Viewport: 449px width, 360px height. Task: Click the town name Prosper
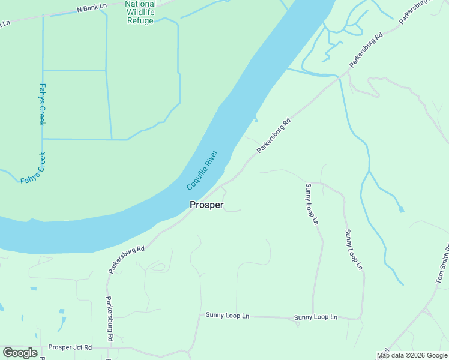pos(206,205)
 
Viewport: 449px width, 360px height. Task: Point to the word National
pos(140,4)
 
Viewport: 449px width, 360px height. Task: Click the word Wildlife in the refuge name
pos(140,12)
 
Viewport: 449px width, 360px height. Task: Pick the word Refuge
pos(140,20)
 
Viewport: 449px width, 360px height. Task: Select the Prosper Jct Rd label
pos(70,347)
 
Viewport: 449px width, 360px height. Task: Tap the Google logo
pos(20,353)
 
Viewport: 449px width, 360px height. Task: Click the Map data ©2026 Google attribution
pos(412,355)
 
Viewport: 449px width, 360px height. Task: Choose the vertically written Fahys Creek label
pos(41,104)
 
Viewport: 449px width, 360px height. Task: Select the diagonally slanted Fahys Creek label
pos(33,169)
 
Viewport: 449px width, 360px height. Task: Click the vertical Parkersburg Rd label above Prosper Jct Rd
pos(109,319)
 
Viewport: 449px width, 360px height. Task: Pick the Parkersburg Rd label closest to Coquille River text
pos(274,135)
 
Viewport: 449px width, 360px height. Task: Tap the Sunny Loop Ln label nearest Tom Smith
pos(354,248)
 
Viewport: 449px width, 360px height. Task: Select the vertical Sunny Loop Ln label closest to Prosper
pos(311,204)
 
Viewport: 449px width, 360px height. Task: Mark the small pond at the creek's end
pos(401,209)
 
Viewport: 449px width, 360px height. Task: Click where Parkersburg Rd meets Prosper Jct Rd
pos(109,347)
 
